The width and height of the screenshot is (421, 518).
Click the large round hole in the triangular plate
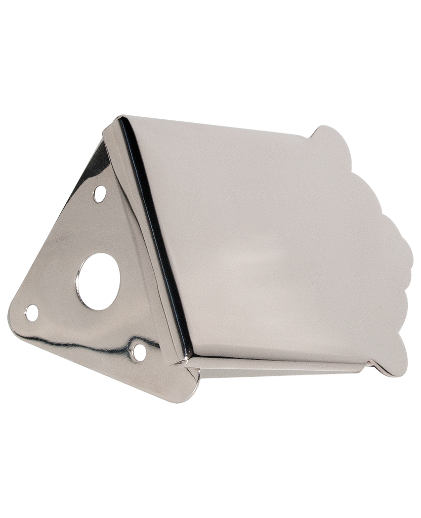(98, 282)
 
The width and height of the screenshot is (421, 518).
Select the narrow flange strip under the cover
(278, 367)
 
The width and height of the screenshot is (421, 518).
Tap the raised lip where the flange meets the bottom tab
(374, 365)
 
